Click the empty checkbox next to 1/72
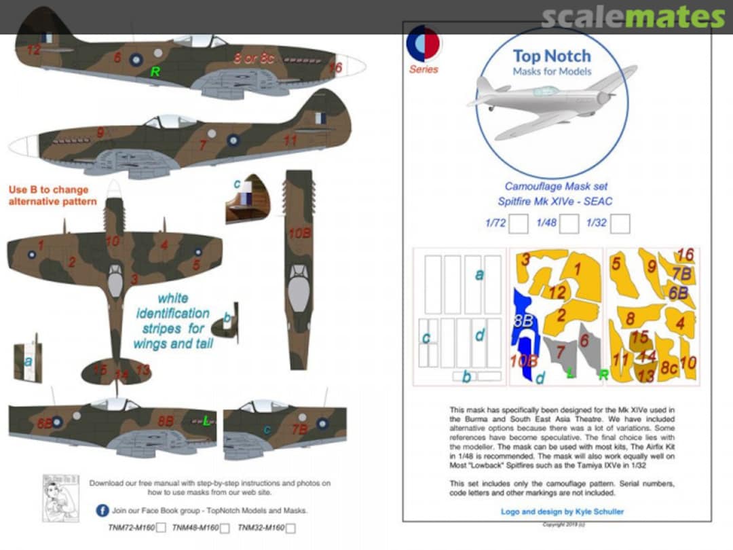tap(519, 223)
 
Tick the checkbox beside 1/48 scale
tap(569, 223)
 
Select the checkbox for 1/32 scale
tap(620, 223)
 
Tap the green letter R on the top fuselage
tap(155, 71)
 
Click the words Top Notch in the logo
tap(551, 56)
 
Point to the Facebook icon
tap(102, 511)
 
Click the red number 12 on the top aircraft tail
tap(34, 49)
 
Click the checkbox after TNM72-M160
tap(161, 528)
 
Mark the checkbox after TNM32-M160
tap(290, 528)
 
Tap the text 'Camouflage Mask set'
tap(556, 186)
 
